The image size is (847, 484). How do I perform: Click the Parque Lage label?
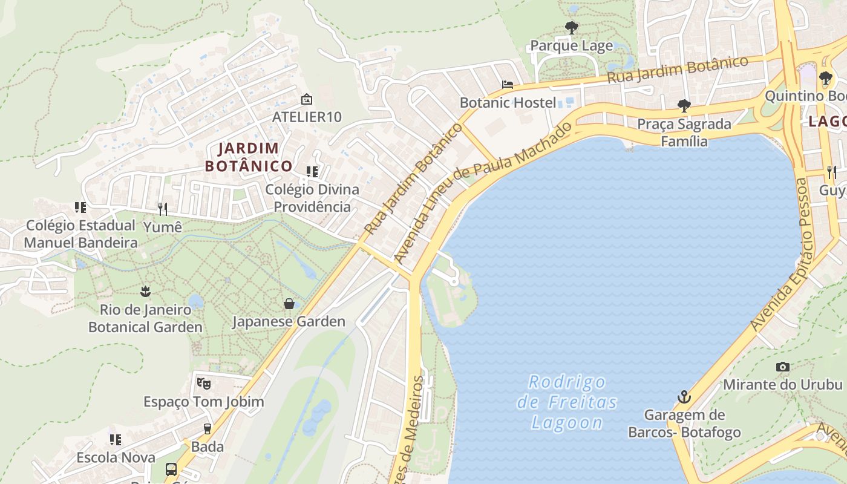point(571,46)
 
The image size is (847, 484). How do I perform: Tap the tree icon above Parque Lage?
point(571,27)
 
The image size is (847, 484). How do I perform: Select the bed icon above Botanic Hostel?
point(507,85)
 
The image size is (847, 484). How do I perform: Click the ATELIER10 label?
point(307,117)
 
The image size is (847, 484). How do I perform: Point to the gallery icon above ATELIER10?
point(307,99)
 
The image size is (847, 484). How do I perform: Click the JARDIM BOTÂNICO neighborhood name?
point(248,157)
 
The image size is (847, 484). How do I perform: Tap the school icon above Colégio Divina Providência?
point(312,172)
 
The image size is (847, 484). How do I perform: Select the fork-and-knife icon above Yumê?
point(162,209)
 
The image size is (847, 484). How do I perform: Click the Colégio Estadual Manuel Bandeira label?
point(80,234)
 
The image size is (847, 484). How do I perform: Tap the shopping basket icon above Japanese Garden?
point(289,303)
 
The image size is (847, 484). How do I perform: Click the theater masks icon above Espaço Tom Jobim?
point(203,383)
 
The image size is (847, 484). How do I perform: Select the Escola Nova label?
point(116,457)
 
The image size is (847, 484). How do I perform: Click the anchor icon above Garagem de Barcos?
point(684,397)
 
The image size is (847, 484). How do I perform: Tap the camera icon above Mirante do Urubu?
point(783,367)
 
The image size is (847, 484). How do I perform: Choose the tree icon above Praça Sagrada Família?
point(684,106)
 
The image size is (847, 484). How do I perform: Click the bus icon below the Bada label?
point(171,469)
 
